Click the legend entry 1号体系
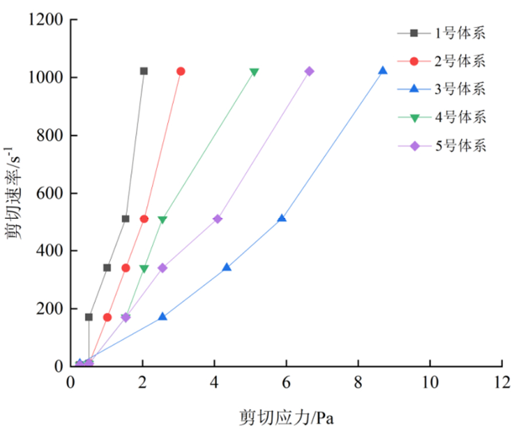coord(459,33)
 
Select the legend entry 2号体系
coord(459,61)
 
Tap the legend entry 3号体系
coord(459,89)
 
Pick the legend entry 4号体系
coord(459,117)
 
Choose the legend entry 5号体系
coord(459,146)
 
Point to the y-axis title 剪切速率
coord(13,193)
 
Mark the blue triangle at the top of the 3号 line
coord(383,71)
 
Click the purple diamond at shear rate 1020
coord(309,71)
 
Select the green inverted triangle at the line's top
coord(254,72)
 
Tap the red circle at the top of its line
coord(181,71)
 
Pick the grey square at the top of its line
coord(144,71)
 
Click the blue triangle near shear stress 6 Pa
coord(282,219)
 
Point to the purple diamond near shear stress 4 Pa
coord(217,219)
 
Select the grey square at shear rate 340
coord(107,268)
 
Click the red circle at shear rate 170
coord(107,317)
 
